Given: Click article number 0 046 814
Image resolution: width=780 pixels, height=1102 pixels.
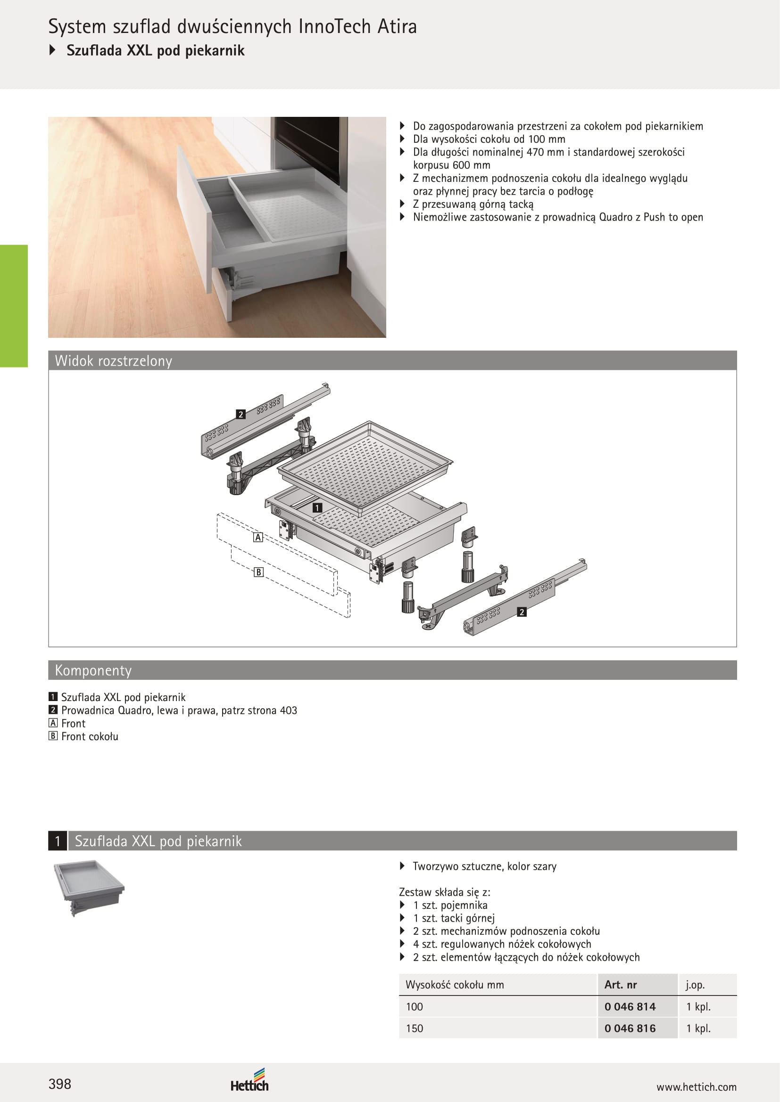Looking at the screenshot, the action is point(630,1006).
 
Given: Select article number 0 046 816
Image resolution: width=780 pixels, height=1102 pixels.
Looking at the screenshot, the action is point(630,1028).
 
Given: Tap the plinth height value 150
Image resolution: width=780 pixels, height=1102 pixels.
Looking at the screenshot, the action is point(415,1028).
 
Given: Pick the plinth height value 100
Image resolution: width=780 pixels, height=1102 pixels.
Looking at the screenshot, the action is point(415,1006).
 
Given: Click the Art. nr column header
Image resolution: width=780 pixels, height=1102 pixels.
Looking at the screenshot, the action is point(621,984).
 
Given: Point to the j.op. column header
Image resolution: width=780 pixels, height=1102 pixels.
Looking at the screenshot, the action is point(695,985).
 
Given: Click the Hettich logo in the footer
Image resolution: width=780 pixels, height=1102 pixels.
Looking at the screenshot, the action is point(249,1080).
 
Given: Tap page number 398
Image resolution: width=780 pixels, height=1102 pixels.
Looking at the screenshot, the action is point(59,1084).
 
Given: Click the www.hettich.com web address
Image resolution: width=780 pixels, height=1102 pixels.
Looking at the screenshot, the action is point(697,1087).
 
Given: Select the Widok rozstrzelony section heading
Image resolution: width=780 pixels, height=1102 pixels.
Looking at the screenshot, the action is point(113,361).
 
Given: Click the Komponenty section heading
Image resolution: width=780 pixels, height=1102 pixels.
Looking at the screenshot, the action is point(93,670).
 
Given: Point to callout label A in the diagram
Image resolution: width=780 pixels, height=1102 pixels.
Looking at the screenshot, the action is point(258,538).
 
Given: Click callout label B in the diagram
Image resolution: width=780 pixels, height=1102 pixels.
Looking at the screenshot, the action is point(259,572).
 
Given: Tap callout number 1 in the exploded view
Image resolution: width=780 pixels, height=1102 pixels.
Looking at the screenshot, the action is point(317,508).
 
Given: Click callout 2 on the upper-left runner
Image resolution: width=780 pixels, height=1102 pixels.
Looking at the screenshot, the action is point(241,414).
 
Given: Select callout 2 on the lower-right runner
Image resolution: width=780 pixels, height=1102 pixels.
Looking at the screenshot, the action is point(522,612).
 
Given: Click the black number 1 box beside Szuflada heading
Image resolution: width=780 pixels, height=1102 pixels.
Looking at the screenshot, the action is point(58,841).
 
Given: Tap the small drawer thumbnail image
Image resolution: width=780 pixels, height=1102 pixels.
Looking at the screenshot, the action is point(88,888).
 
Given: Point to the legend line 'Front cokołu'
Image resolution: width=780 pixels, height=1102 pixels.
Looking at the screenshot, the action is point(83,736).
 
